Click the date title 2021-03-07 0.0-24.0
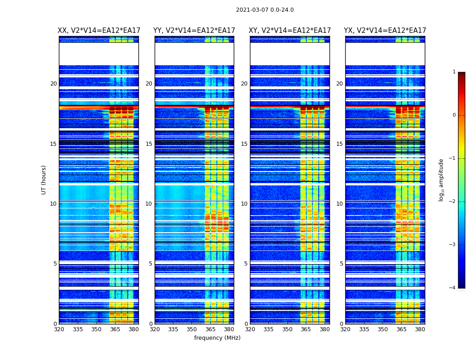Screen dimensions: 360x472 (x=265, y=10)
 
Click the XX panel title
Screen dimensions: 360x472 (x=99, y=31)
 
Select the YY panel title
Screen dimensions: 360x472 (x=194, y=31)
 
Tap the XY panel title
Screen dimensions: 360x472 (x=290, y=31)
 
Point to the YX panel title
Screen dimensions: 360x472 (x=385, y=31)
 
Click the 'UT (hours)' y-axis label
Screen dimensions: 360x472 (x=44, y=180)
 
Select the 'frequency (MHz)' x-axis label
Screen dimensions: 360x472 (x=217, y=338)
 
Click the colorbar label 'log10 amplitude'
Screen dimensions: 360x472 (x=441, y=180)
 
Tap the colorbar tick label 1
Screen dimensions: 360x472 (x=454, y=72)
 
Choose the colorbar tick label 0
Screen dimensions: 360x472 (x=454, y=115)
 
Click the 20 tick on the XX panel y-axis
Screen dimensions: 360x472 (x=53, y=84)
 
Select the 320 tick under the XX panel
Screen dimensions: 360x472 (x=59, y=329)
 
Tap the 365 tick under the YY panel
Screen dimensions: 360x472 (x=210, y=329)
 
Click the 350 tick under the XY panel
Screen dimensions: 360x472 (x=287, y=329)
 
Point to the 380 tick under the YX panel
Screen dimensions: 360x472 (x=420, y=329)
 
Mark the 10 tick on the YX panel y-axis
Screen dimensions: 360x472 (x=340, y=204)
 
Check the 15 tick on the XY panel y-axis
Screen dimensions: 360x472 (x=245, y=144)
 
